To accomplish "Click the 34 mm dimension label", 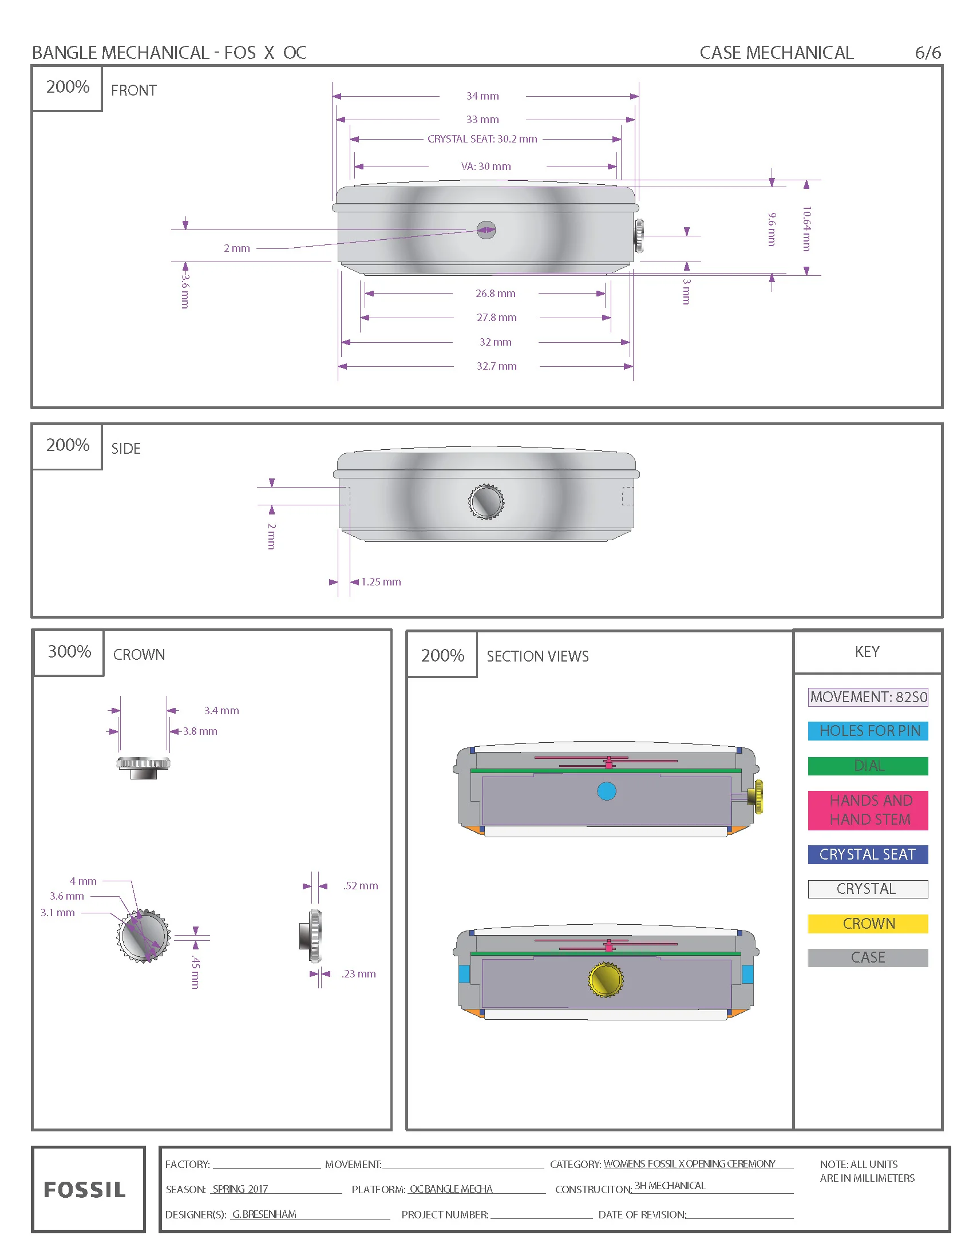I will coord(482,96).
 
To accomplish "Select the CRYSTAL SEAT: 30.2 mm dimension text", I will coord(482,139).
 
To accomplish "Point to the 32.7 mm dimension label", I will coord(496,366).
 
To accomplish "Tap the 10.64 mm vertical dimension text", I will coord(806,228).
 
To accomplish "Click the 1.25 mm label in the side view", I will coord(381,581).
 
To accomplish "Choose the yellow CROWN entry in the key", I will coord(868,924).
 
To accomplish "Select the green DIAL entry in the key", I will coord(868,766).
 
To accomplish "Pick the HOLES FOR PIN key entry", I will coord(868,730).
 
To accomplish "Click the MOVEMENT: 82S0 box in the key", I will coord(868,697).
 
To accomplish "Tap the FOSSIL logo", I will coord(85,1190).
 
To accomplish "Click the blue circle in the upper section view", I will coord(606,791).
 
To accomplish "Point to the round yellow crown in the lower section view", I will coord(605,979).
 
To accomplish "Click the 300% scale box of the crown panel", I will coord(69,652).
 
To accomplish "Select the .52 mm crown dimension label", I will coord(360,885).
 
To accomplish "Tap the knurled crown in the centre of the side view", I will coord(486,501).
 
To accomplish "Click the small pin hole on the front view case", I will coord(486,229).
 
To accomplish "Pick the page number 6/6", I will coord(927,53).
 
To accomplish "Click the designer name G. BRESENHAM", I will coord(264,1214).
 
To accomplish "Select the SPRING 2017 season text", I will coord(240,1189).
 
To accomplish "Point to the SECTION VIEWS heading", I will coord(537,656).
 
